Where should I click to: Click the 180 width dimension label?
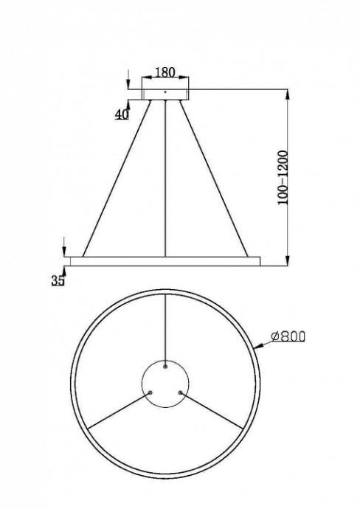click(x=165, y=73)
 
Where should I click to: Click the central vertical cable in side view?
click(x=165, y=177)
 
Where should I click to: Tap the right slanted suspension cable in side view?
click(x=214, y=177)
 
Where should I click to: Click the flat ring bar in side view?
click(x=165, y=260)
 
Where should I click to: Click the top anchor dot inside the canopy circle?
click(x=165, y=364)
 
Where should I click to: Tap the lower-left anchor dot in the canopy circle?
click(x=150, y=392)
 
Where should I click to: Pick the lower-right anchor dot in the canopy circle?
click(x=181, y=392)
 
